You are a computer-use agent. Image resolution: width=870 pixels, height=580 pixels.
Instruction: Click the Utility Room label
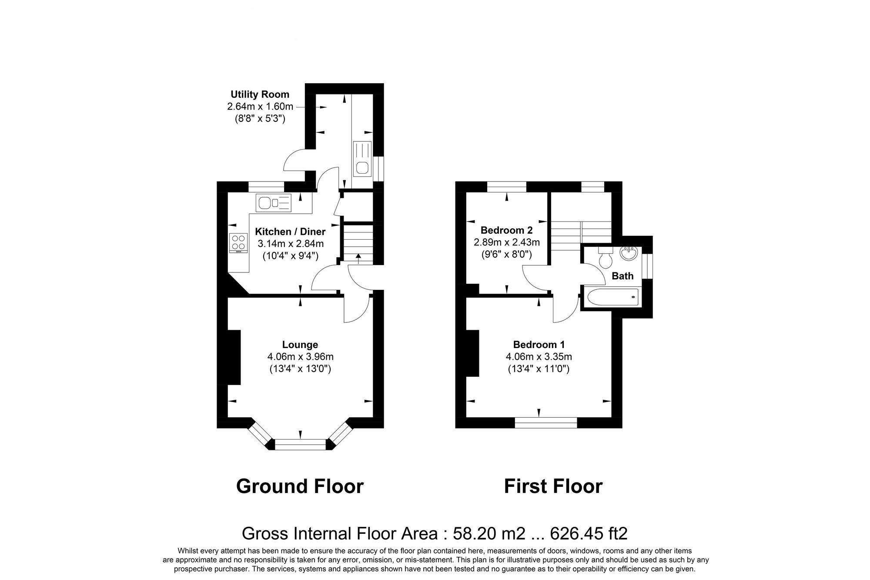tap(260, 94)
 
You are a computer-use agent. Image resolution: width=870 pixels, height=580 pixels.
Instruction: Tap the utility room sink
tap(362, 159)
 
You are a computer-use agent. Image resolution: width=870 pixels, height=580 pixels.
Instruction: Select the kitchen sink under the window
tap(274, 203)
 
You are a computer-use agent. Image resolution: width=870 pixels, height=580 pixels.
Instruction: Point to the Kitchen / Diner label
tap(290, 231)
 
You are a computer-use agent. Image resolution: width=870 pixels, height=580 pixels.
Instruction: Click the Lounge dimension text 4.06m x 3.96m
tap(300, 357)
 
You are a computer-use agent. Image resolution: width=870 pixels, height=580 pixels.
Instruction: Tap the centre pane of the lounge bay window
tap(300, 444)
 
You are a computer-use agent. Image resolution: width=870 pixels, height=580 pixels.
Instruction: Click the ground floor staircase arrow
tap(358, 258)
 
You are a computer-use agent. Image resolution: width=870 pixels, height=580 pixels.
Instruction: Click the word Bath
tap(622, 276)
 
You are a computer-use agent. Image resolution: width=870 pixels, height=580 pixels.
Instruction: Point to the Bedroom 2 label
tap(506, 230)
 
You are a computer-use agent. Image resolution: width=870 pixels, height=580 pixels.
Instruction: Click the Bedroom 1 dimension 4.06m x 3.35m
tap(539, 357)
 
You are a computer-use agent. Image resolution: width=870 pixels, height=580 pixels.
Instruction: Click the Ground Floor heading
tap(300, 486)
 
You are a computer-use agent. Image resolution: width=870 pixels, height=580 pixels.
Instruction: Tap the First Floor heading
tap(553, 486)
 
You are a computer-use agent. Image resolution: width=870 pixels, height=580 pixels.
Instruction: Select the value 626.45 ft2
tap(589, 533)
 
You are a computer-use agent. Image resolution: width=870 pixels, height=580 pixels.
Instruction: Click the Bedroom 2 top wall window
tap(506, 187)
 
